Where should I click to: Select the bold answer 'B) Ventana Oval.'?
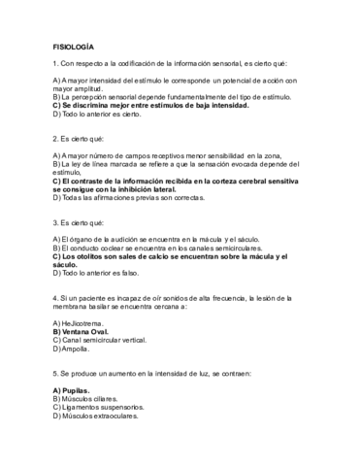coord(87,331)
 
